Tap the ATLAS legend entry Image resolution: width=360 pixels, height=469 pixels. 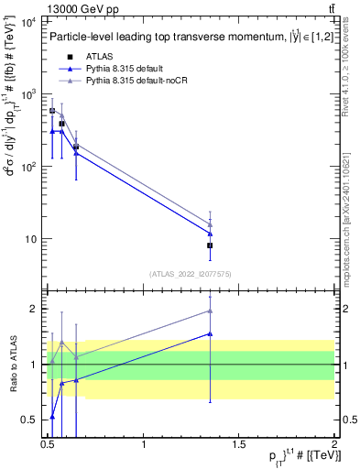coord(100,57)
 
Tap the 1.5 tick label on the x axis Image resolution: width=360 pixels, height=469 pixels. coord(239,444)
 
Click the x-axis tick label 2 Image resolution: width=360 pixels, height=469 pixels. coord(333,444)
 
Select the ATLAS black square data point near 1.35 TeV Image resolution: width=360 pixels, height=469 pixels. coord(210,245)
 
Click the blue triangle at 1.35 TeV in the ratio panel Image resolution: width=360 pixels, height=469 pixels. coord(210,333)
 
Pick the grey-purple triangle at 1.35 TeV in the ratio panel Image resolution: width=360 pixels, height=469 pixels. coord(210,311)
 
